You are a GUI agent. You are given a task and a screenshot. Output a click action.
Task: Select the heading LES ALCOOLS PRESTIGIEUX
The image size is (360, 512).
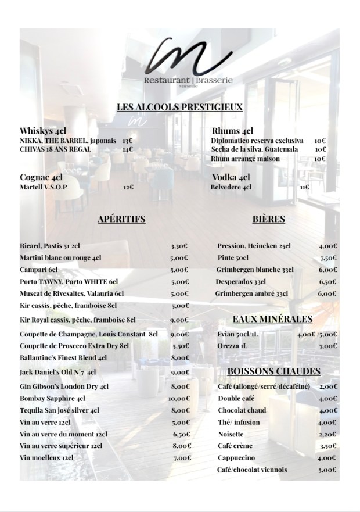point(179,107)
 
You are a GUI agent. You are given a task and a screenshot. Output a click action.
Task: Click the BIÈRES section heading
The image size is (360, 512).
point(269,219)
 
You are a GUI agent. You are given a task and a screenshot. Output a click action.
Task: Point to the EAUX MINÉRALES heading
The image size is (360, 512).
point(272,319)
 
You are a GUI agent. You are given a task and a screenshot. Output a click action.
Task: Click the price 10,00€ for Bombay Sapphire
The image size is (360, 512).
point(179,399)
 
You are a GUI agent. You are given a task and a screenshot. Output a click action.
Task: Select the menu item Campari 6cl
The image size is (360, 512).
point(39,270)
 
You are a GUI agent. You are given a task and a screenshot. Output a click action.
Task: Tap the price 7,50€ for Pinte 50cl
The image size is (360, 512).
point(328,258)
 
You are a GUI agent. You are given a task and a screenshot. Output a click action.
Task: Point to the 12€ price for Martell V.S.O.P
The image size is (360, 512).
point(128,188)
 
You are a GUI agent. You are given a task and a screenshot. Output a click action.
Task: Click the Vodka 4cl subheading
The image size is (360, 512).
point(231,177)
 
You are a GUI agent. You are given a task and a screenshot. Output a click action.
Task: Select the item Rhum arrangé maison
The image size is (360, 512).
point(246,159)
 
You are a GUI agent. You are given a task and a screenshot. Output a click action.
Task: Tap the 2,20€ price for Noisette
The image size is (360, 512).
point(328,434)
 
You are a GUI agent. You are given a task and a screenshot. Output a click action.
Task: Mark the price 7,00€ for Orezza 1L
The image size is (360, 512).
point(328,346)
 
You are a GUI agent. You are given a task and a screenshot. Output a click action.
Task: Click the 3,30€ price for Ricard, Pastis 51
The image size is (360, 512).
point(180,246)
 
